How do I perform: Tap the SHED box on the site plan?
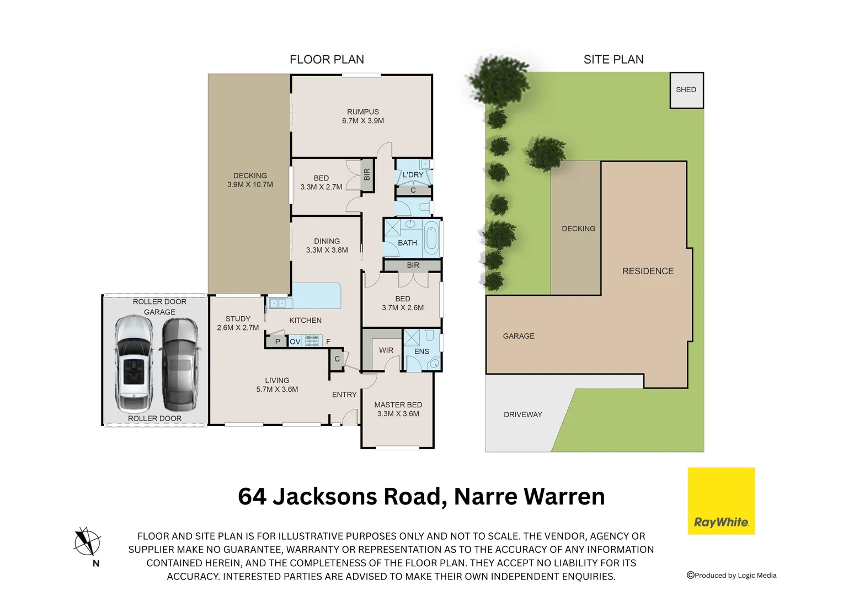[x=686, y=90]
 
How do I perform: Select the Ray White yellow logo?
[x=721, y=501]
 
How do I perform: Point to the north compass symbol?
[x=87, y=542]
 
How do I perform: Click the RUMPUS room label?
[x=362, y=111]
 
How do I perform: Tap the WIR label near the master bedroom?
[x=386, y=350]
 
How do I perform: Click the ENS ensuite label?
[x=421, y=352]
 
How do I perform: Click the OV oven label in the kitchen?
[x=295, y=342]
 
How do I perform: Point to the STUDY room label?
[x=238, y=318]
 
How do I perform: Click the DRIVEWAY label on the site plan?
[x=522, y=414]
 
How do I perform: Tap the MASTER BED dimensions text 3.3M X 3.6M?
[x=398, y=414]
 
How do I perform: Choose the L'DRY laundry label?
[x=413, y=175]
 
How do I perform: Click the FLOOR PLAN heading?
[x=327, y=60]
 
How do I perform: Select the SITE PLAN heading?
[x=613, y=60]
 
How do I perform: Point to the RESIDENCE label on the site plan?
[x=648, y=271]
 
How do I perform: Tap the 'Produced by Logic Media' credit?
[x=732, y=576]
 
